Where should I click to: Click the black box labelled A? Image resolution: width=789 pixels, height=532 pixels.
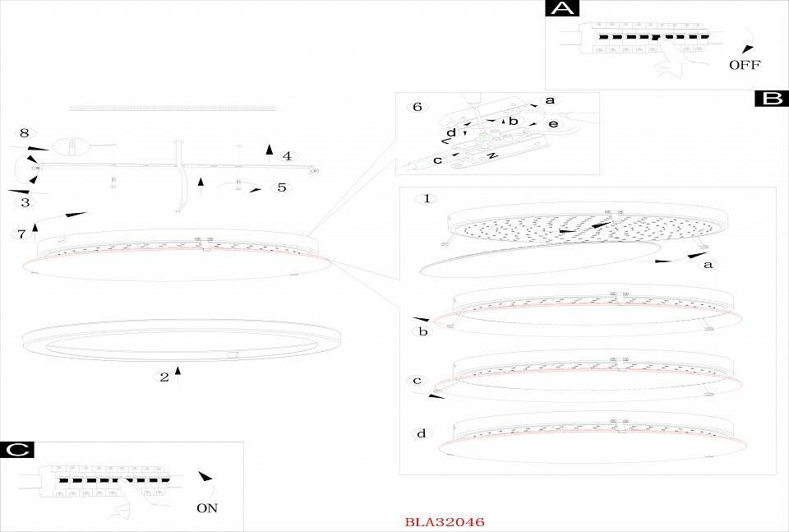click(x=562, y=8)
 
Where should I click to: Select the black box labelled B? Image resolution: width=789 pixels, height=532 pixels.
click(x=772, y=98)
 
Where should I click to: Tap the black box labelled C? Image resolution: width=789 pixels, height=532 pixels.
click(x=17, y=450)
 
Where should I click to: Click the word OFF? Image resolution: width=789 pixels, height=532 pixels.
click(x=745, y=64)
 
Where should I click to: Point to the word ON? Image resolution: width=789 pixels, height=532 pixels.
click(x=207, y=508)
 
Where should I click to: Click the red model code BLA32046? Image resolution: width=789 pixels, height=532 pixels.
click(x=445, y=521)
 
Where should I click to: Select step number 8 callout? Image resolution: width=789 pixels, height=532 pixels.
click(x=24, y=133)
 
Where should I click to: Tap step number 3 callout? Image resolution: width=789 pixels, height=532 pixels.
click(x=25, y=202)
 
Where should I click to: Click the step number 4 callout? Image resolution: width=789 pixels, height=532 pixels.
click(x=287, y=156)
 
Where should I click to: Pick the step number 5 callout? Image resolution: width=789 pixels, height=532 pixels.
click(x=282, y=187)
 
